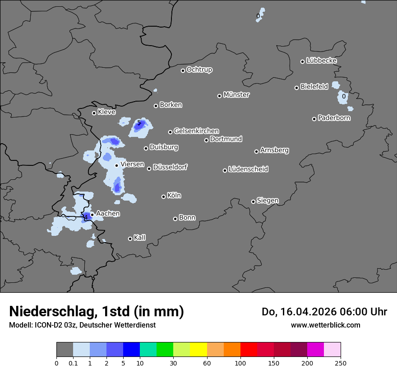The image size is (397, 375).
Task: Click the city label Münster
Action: tap(236, 95)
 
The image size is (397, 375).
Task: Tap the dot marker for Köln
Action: tap(164, 197)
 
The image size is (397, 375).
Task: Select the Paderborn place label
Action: tap(334, 118)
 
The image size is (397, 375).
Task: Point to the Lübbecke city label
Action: tap(321, 61)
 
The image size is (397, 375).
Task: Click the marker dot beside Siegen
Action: tap(253, 202)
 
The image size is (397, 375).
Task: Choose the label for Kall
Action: tap(140, 238)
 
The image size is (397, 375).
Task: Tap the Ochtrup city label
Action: tap(199, 70)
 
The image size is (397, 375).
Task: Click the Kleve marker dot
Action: tap(94, 113)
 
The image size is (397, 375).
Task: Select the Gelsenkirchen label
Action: tap(196, 131)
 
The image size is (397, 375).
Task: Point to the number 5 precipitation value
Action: tap(139, 123)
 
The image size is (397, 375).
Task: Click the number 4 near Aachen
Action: tap(85, 217)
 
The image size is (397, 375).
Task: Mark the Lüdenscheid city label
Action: tap(248, 169)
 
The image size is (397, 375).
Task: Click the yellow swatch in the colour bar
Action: tap(198, 350)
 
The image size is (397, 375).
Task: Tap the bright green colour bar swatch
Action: tap(165, 350)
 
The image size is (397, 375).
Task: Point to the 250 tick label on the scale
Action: tap(341, 363)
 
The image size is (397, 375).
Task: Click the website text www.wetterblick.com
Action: tap(325, 325)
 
